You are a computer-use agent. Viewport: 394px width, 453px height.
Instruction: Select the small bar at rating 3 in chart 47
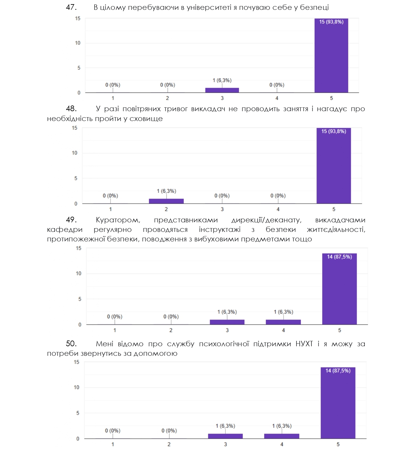point(222,90)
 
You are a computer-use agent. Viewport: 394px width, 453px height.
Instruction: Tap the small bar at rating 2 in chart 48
point(166,201)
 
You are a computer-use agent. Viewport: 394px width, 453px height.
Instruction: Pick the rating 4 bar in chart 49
point(283,322)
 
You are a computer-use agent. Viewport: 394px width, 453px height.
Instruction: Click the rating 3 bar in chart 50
point(225,436)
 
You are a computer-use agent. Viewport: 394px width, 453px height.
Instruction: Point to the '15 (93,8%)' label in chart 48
point(334,131)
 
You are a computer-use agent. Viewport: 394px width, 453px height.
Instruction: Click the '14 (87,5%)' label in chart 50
point(338,371)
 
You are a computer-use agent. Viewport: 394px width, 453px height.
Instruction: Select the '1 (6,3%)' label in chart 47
point(222,80)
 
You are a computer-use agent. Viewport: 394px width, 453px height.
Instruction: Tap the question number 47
point(71,7)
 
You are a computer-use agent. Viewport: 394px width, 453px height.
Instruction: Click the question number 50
point(71,344)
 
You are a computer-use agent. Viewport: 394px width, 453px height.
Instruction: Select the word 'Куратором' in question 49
point(118,220)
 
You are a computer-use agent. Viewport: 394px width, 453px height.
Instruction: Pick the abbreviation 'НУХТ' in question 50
point(304,344)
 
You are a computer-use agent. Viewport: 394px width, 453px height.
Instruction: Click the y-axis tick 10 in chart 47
point(78,43)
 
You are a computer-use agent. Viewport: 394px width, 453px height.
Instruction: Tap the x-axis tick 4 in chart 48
point(278,209)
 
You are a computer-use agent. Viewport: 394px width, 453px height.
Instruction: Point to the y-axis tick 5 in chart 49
point(80,299)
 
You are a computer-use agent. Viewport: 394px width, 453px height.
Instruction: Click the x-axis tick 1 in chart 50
point(113,444)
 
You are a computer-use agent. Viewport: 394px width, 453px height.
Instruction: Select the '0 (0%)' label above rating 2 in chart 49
point(171,317)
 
